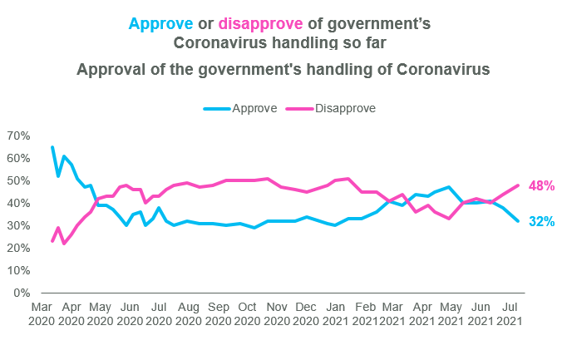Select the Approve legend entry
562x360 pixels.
click(246, 108)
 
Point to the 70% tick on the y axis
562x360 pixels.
click(18, 136)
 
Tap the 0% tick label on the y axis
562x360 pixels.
click(22, 293)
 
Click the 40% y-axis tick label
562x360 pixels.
click(18, 203)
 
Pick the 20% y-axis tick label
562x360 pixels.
click(18, 248)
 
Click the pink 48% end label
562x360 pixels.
click(541, 186)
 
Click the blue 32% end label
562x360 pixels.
click(541, 222)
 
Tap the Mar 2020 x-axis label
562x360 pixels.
click(42, 313)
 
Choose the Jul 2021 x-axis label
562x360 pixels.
click(507, 313)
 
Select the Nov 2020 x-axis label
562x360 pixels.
click(276, 313)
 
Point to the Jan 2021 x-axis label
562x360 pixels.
click(334, 313)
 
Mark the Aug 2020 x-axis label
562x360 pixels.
click(189, 313)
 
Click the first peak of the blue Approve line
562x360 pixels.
click(52, 147)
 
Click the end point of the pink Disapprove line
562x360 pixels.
click(519, 185)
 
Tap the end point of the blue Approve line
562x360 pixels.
click(519, 221)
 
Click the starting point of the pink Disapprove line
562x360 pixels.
click(52, 241)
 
